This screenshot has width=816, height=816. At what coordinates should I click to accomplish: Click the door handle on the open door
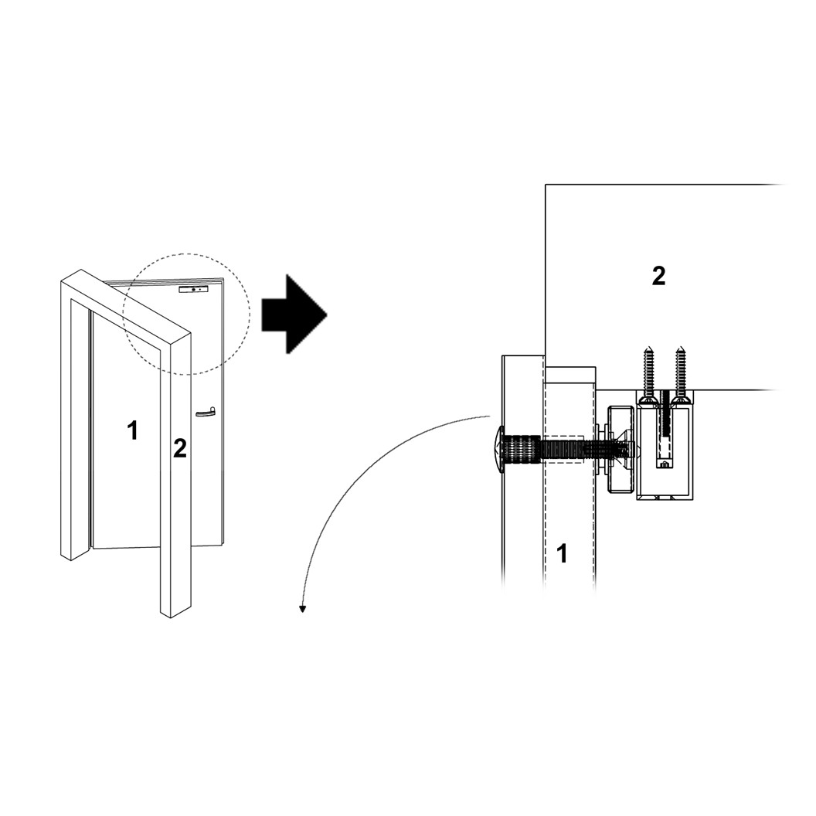tap(205, 413)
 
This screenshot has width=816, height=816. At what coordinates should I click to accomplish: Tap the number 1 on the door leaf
tap(133, 430)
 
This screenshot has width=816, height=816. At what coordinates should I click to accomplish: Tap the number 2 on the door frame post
tap(179, 448)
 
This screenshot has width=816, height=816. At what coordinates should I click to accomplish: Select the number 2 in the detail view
tap(658, 276)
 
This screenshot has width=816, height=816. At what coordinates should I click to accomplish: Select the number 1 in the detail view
tap(563, 553)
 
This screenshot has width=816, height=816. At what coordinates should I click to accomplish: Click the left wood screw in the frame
tap(648, 375)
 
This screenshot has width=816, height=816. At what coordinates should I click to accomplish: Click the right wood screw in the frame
tap(680, 375)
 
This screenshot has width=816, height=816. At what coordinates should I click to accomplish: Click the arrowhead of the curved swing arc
tap(303, 608)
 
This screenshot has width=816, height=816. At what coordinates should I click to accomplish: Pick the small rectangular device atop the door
tap(193, 289)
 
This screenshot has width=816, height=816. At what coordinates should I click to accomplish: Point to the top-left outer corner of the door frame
tap(63, 282)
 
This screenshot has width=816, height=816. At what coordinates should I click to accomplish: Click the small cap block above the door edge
tap(570, 375)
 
